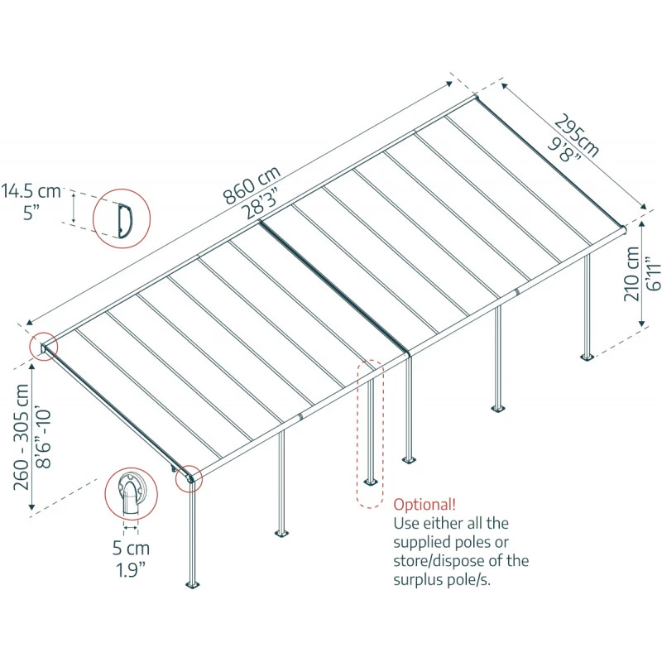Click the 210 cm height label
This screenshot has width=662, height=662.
click(x=631, y=273)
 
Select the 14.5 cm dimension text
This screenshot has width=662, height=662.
click(x=31, y=192)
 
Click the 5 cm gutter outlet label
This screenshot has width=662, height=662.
click(x=132, y=548)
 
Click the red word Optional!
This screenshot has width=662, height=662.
click(x=424, y=505)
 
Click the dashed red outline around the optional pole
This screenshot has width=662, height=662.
click(x=369, y=434)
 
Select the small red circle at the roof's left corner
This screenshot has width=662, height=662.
click(x=42, y=346)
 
